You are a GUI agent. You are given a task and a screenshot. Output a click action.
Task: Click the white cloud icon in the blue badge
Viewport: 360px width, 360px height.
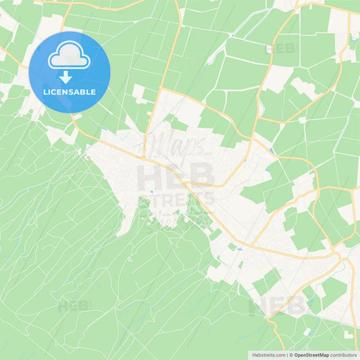tap(70, 56)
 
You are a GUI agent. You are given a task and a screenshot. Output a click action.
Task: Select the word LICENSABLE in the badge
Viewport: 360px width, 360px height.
tap(70, 92)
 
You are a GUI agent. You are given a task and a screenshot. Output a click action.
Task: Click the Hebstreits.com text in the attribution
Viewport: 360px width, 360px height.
tap(269, 355)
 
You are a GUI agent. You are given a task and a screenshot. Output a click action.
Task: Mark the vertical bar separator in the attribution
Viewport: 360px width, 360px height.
tap(288, 355)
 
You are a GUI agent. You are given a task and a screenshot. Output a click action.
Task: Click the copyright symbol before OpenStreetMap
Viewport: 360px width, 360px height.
tap(292, 355)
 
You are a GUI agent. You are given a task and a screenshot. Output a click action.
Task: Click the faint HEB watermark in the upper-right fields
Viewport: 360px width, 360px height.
tap(282, 49)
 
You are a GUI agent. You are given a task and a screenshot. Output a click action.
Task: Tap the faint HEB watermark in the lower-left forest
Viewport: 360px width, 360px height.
tap(74, 306)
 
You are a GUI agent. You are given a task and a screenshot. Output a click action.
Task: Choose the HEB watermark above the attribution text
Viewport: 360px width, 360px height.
tap(278, 306)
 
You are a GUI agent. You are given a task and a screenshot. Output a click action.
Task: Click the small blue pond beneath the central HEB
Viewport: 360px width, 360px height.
tap(152, 192)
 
